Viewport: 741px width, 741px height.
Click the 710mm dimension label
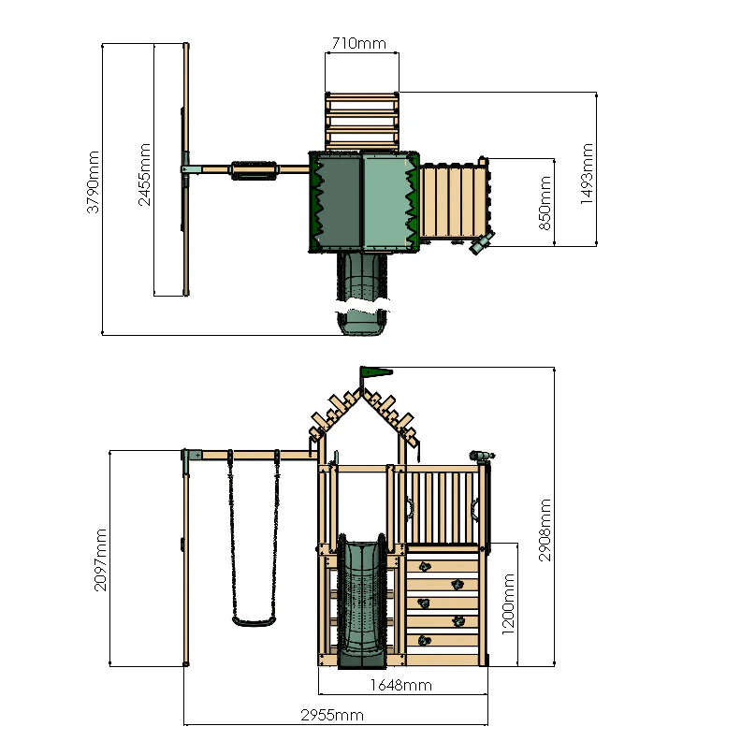point(361,43)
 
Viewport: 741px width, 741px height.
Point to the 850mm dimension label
point(545,201)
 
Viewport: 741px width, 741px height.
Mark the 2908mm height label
point(545,530)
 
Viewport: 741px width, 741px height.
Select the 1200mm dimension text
point(508,604)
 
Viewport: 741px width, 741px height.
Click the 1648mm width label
point(400,685)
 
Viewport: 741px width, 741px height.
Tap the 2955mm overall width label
point(331,716)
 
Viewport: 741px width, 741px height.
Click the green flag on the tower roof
point(376,372)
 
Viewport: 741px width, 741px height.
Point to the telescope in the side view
point(480,457)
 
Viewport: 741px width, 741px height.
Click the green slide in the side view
point(361,599)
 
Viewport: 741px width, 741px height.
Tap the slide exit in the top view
point(361,322)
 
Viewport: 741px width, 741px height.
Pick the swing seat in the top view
point(254,169)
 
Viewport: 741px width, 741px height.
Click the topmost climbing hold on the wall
point(424,565)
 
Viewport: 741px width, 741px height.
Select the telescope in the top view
point(481,244)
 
